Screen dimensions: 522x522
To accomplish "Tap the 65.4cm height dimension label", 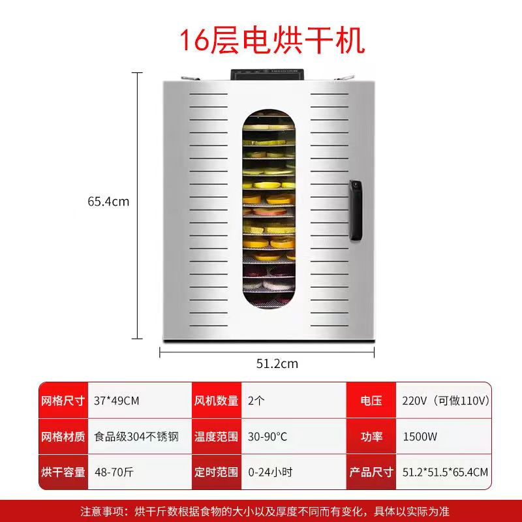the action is pos(108,202).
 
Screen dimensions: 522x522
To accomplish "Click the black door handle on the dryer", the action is pos(355,210).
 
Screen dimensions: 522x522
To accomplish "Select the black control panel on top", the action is pos(269,73).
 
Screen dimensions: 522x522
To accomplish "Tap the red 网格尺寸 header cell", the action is pos(63,401).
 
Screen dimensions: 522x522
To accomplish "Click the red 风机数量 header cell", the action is pos(216,401).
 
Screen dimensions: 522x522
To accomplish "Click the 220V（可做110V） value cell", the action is pos(446,401).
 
